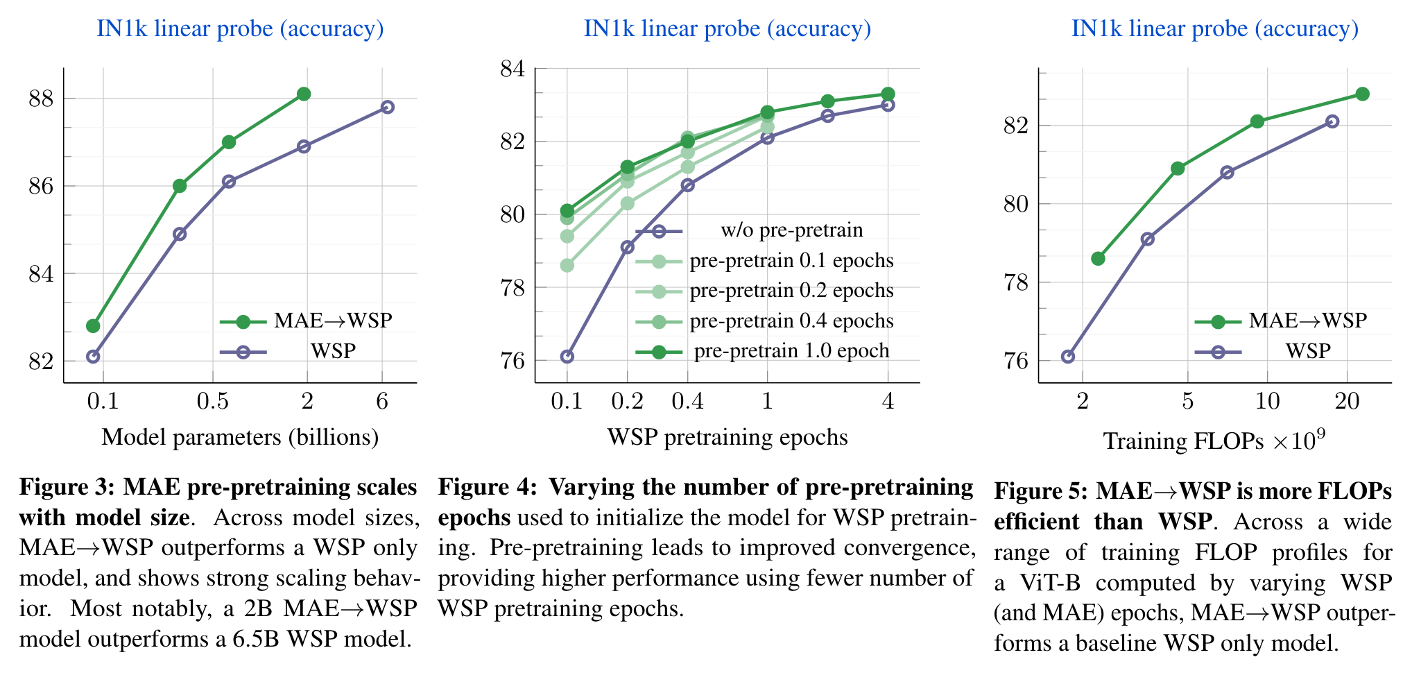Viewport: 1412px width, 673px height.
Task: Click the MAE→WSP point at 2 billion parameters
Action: click(304, 94)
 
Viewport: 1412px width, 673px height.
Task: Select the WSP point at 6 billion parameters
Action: click(388, 107)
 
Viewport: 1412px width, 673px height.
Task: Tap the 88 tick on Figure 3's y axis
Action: click(41, 99)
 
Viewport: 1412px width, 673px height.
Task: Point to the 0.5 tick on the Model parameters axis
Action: click(212, 401)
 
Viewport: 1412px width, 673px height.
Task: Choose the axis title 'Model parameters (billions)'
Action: click(240, 437)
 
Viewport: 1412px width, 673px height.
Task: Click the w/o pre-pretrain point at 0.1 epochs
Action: click(567, 357)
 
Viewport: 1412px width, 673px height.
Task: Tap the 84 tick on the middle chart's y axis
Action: click(513, 69)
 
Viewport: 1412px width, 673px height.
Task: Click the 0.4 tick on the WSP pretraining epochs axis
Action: click(687, 401)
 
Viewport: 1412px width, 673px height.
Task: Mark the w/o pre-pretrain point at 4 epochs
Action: click(888, 105)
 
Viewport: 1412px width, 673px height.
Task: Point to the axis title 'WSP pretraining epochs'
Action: click(727, 437)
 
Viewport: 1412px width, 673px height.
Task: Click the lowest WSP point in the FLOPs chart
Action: click(1068, 357)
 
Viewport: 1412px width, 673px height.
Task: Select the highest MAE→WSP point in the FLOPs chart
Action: click(1362, 94)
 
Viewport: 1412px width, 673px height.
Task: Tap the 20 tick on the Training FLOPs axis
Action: click(1347, 401)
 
